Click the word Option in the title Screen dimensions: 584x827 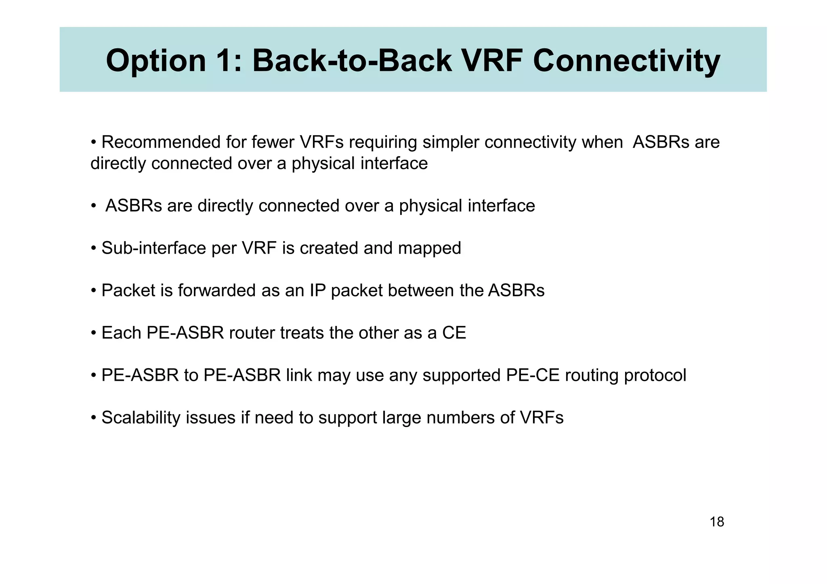156,60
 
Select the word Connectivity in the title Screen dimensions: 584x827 626,60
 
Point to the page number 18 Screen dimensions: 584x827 717,522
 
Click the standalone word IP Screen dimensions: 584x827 318,290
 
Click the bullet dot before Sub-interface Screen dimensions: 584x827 93,248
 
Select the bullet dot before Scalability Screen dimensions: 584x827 93,418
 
